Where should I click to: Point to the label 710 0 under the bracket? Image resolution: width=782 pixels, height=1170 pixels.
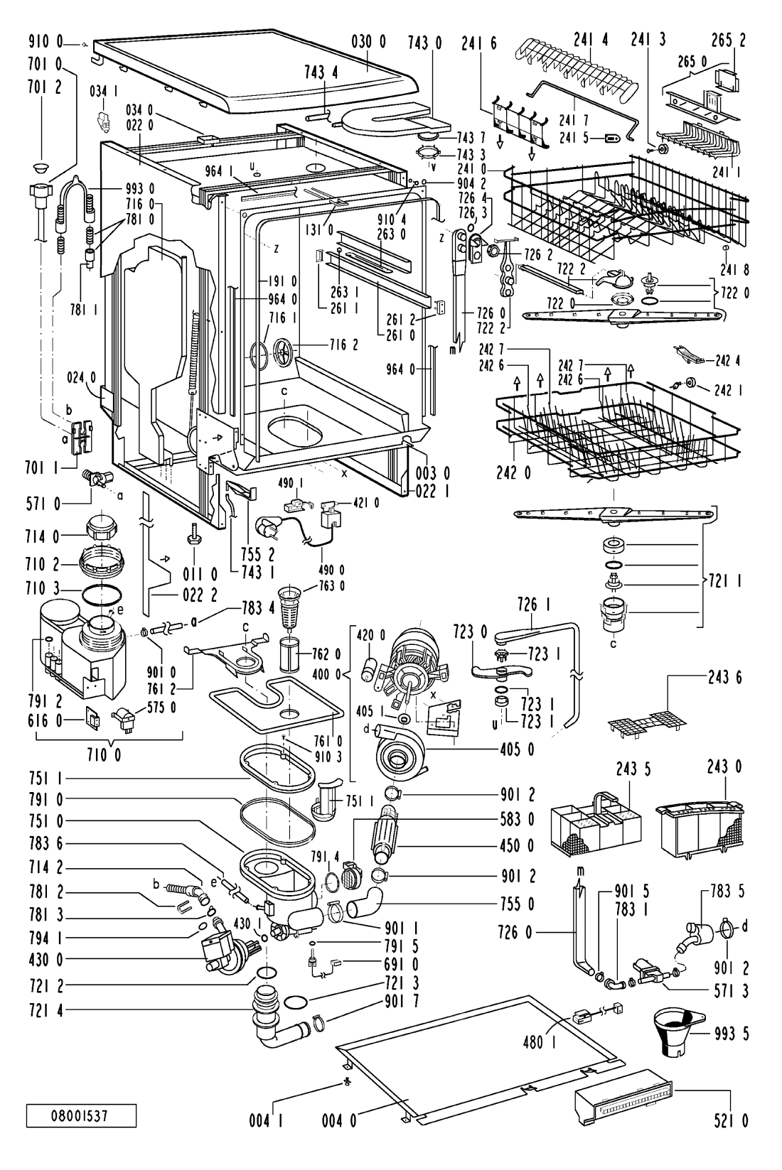tap(105, 755)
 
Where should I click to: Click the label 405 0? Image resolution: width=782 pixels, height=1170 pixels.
tap(521, 749)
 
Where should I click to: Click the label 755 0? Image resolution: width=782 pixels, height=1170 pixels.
tap(520, 904)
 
